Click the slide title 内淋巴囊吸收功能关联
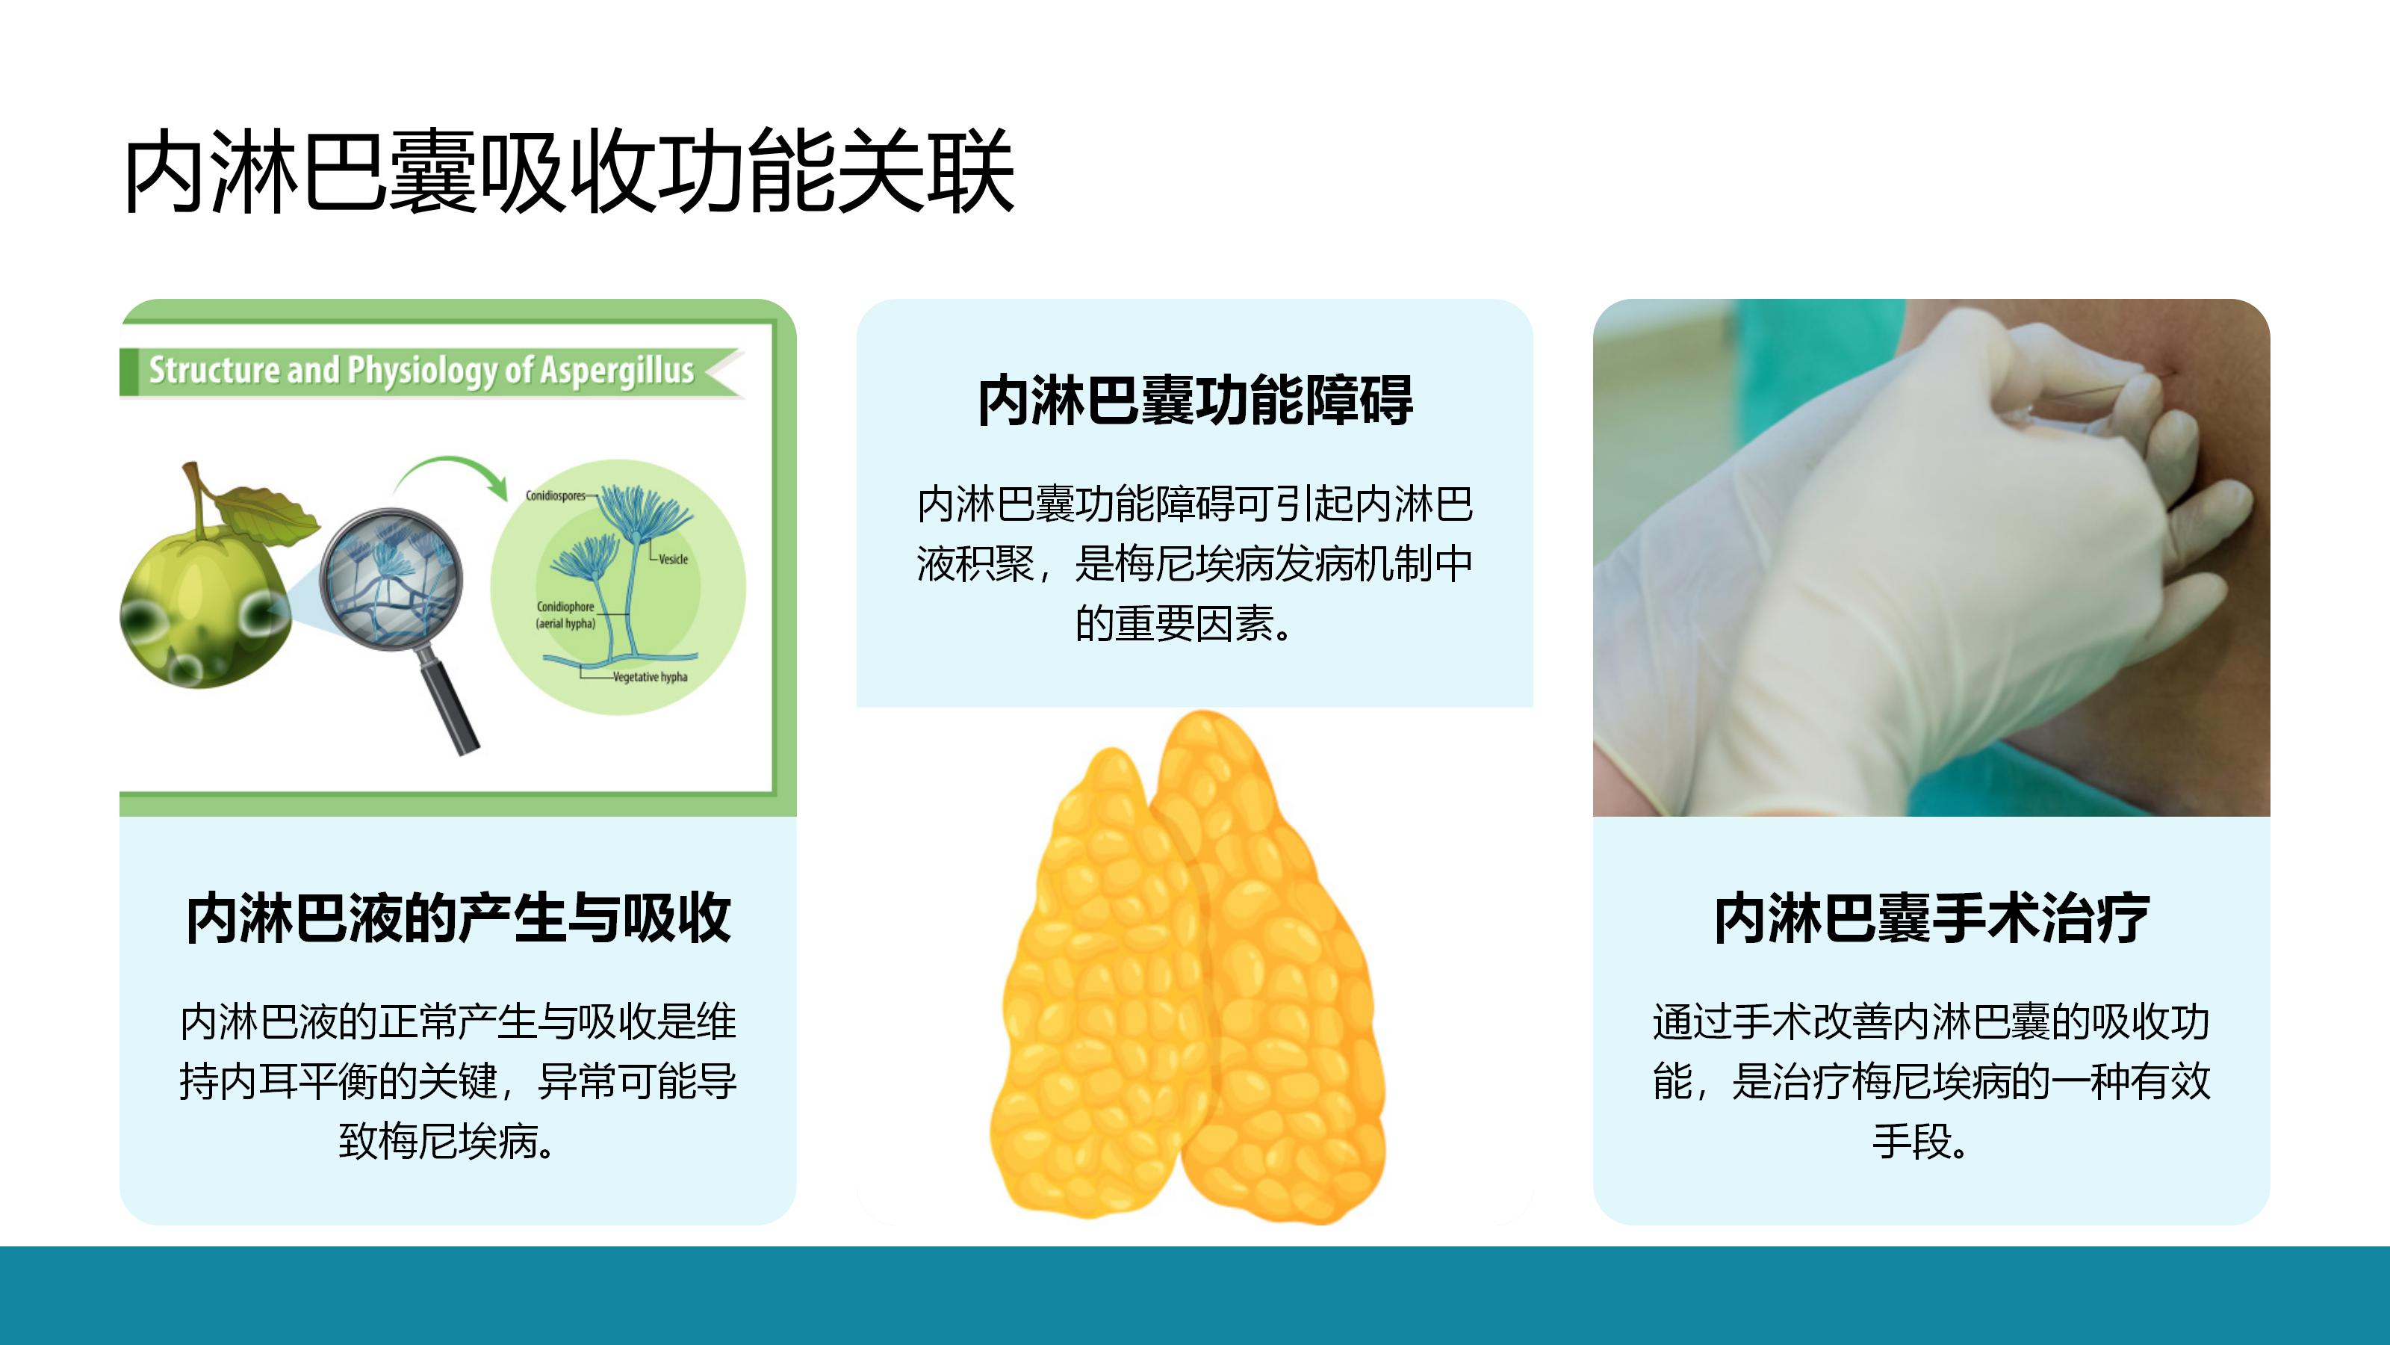tap(568, 172)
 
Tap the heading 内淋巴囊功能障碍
tap(1195, 401)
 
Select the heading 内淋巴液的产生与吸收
tap(459, 919)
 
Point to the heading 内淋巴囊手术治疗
tap(1931, 919)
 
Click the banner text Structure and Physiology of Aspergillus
tap(421, 371)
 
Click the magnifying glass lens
tap(390, 578)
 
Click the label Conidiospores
tap(556, 495)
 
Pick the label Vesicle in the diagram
tap(674, 559)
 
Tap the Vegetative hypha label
tap(651, 677)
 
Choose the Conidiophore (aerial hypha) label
tap(565, 614)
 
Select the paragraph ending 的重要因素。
tap(1195, 563)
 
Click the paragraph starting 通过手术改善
tap(1931, 1081)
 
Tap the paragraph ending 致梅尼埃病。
tap(459, 1081)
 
